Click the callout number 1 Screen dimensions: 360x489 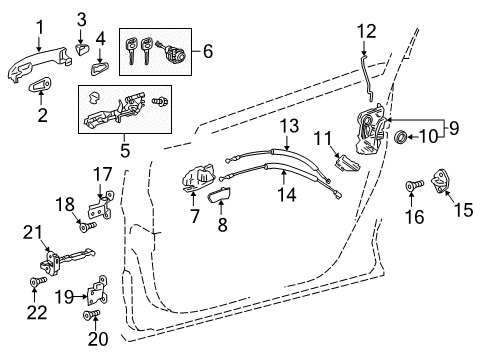click(x=40, y=27)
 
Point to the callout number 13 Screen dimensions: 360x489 click(x=289, y=125)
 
